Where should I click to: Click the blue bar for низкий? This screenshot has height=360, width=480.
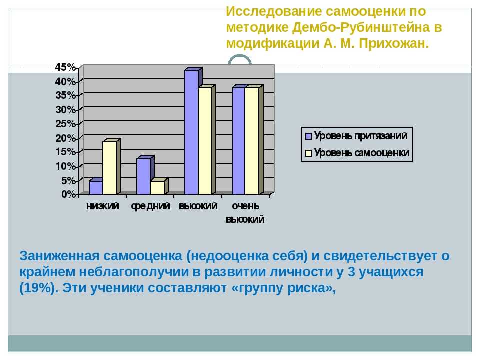click(96, 187)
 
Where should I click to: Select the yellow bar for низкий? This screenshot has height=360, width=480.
click(110, 168)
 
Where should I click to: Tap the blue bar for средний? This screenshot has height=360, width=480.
click(144, 176)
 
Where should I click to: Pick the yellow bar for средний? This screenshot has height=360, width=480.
click(157, 187)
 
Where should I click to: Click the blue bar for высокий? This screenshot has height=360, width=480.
click(191, 132)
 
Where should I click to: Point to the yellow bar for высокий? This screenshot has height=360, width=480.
click(205, 141)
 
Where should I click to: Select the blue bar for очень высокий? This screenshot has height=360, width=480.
click(239, 141)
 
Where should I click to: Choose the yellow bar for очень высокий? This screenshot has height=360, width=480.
click(252, 141)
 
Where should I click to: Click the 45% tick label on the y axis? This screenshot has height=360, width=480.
click(65, 67)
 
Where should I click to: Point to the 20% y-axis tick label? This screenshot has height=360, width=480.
click(65, 138)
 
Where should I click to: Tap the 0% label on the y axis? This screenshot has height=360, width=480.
click(68, 194)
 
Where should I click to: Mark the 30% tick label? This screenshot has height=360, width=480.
click(65, 110)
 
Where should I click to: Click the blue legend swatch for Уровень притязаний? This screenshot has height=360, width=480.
click(308, 136)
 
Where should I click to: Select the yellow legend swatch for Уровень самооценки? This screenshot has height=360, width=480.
click(308, 153)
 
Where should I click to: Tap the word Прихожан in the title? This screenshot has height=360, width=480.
click(394, 44)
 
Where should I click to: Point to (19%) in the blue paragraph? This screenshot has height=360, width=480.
click(39, 288)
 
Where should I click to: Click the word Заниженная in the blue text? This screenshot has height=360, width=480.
click(59, 256)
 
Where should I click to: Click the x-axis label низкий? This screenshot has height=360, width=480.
click(103, 206)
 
